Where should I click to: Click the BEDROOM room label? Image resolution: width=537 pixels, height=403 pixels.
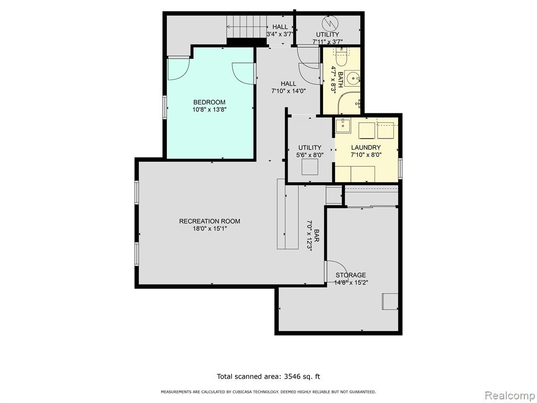pyautogui.click(x=209, y=102)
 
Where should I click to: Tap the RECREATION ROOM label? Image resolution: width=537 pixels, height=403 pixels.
pyautogui.click(x=210, y=221)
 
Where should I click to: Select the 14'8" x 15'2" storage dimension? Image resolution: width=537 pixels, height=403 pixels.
pyautogui.click(x=351, y=282)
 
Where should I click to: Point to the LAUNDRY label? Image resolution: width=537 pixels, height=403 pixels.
pyautogui.click(x=366, y=147)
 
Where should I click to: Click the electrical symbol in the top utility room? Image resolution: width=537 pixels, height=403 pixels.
pyautogui.click(x=331, y=23)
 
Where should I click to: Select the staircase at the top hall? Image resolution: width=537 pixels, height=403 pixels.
pyautogui.click(x=246, y=27)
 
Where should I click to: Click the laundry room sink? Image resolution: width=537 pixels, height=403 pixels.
pyautogui.click(x=342, y=125)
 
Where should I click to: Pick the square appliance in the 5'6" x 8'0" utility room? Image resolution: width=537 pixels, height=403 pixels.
pyautogui.click(x=309, y=167)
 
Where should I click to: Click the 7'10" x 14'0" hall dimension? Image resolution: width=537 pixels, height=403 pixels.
pyautogui.click(x=288, y=91)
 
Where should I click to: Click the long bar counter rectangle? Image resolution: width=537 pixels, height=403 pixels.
pyautogui.click(x=288, y=214)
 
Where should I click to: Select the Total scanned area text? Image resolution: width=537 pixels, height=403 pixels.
pyautogui.click(x=268, y=376)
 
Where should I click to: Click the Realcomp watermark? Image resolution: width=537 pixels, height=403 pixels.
pyautogui.click(x=510, y=395)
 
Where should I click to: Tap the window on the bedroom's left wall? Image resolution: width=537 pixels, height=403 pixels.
pyautogui.click(x=165, y=107)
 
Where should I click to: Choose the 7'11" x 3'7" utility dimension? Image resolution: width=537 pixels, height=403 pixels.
pyautogui.click(x=328, y=42)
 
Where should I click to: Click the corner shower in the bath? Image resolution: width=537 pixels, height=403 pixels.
pyautogui.click(x=349, y=103)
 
